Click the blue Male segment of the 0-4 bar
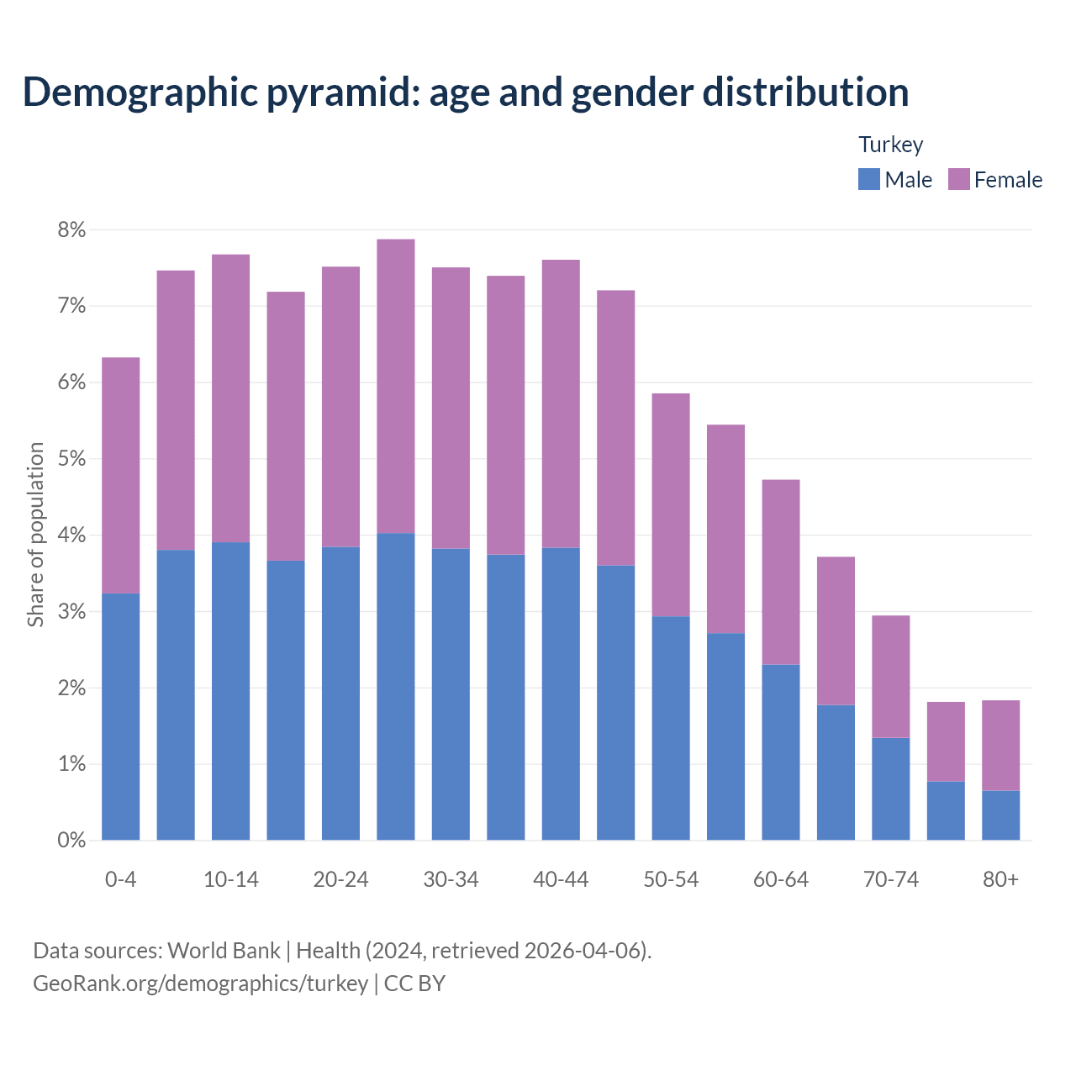click(121, 716)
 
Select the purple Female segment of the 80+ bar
click(1000, 746)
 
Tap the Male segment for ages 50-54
click(671, 728)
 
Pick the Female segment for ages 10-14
click(231, 398)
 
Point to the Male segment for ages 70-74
click(891, 789)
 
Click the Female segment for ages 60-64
click(781, 572)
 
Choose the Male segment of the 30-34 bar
click(451, 694)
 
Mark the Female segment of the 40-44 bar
click(561, 403)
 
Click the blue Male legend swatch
click(869, 179)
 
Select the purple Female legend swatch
click(959, 179)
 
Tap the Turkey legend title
click(891, 145)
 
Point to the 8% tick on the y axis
click(72, 229)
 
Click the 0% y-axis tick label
click(72, 840)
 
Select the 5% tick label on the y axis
click(72, 459)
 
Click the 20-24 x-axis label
click(340, 879)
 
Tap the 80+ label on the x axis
click(1000, 879)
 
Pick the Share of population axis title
click(35, 535)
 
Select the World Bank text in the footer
click(224, 951)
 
